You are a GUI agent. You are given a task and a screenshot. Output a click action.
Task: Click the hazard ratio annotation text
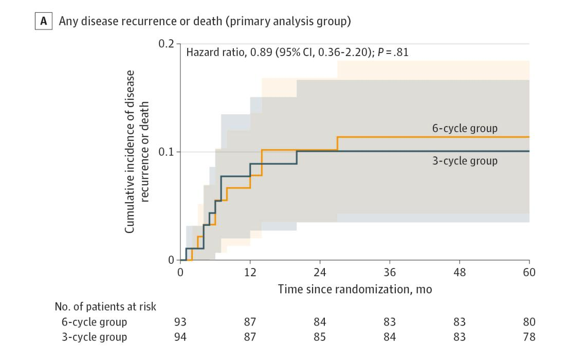(298, 52)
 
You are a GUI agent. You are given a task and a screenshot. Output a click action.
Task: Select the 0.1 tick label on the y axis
(168, 152)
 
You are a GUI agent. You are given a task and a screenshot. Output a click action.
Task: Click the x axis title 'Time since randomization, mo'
(355, 289)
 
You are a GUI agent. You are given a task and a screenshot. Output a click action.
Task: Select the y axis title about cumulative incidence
(138, 152)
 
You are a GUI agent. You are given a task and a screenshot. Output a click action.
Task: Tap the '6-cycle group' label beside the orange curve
(464, 129)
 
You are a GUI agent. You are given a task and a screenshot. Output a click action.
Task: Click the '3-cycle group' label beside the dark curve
(464, 161)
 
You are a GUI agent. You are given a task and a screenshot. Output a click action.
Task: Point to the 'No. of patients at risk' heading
(105, 307)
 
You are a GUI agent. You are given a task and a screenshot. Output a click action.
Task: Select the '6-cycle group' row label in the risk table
(94, 322)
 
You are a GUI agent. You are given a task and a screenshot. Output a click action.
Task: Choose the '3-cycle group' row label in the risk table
(94, 337)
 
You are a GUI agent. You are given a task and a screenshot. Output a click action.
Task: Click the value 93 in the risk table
(181, 322)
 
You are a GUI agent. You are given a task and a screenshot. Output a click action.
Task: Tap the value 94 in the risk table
(181, 337)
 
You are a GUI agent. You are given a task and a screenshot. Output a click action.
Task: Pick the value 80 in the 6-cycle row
(529, 322)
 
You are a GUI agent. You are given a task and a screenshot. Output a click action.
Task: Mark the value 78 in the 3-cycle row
(529, 337)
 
